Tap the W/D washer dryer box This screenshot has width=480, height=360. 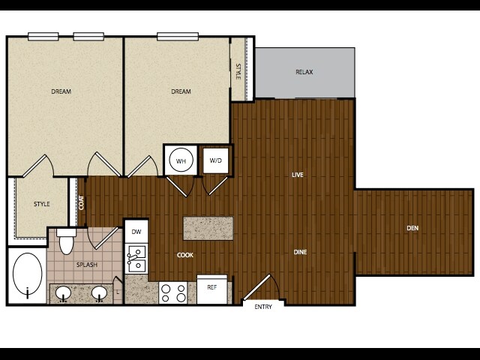point(216,160)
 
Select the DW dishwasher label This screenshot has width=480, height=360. point(136,232)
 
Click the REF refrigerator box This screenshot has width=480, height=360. point(211,289)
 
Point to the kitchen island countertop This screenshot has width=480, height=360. point(208,228)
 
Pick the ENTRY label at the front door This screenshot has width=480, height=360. point(263,307)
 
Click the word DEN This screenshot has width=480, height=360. point(412,228)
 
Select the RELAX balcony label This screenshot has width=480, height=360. point(304,72)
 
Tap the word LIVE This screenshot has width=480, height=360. point(298,175)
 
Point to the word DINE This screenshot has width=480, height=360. point(300,252)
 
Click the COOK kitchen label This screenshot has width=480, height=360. point(185,255)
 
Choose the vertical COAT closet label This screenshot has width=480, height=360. point(81,202)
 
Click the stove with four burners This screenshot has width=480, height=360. point(173,293)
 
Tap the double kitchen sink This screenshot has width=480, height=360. point(136,259)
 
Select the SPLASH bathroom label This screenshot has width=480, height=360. point(87,265)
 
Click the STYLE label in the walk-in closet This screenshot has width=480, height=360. point(42,204)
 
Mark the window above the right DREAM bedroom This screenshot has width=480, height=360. point(178,37)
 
